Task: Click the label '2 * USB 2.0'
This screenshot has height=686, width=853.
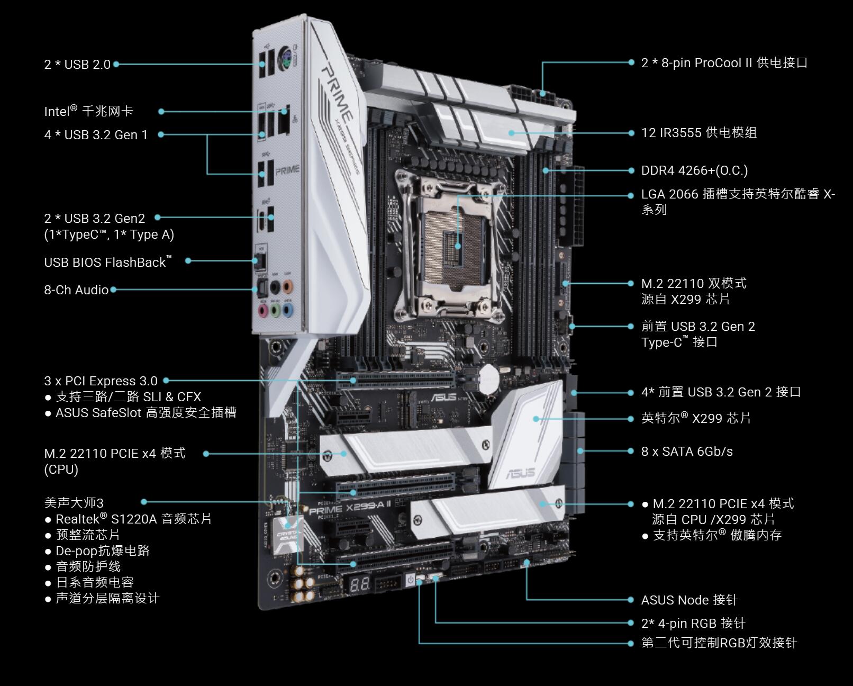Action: pyautogui.click(x=77, y=64)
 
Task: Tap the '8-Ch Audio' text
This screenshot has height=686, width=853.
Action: pyautogui.click(x=76, y=290)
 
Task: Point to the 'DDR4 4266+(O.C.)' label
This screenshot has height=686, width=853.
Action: pyautogui.click(x=694, y=170)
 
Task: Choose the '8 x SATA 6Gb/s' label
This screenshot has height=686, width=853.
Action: pyautogui.click(x=687, y=452)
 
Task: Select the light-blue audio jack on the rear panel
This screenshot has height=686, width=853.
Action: pyautogui.click(x=288, y=310)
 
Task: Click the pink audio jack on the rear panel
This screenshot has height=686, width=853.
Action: pyautogui.click(x=263, y=310)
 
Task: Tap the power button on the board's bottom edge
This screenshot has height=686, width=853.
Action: pyautogui.click(x=411, y=579)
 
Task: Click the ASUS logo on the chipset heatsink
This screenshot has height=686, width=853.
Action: pyautogui.click(x=521, y=473)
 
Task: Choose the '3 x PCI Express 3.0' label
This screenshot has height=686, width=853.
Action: pyautogui.click(x=101, y=381)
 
